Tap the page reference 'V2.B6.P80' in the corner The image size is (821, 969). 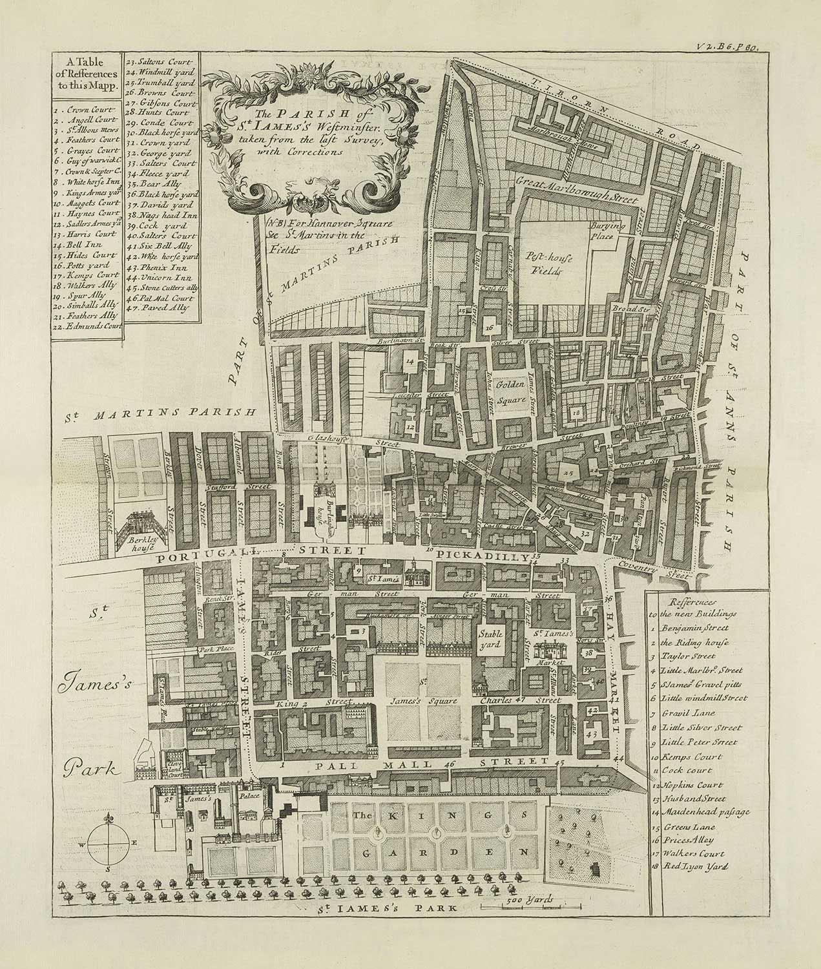731,46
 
